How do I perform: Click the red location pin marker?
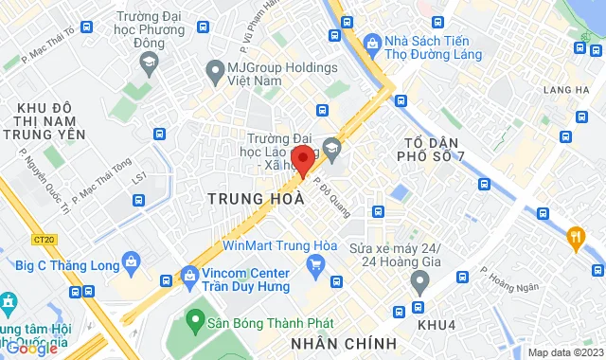coord(301,159)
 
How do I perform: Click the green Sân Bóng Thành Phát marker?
coord(196,315)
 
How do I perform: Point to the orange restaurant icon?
coord(575,236)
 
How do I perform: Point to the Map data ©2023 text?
coord(564,352)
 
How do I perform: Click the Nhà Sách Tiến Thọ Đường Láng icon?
coord(371,43)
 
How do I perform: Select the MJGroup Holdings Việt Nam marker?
coord(214,69)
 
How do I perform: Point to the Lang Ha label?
coord(574,90)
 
